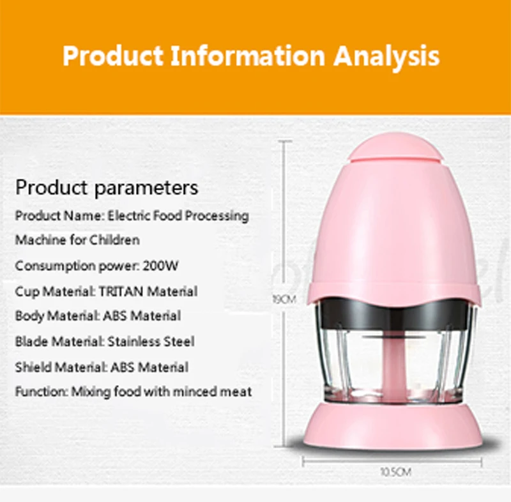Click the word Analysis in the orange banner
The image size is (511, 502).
386,57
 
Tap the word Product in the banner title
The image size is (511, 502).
113,56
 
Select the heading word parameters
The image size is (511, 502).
146,188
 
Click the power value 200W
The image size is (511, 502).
161,266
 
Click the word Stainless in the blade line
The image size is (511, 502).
133,341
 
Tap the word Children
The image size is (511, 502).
114,240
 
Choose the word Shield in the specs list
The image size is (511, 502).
34,367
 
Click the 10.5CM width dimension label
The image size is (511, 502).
395,472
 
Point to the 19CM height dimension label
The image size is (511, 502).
284,300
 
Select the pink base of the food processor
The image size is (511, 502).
393,425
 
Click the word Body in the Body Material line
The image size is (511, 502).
29,316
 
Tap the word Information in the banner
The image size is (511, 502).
248,56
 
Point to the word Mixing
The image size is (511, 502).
91,392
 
